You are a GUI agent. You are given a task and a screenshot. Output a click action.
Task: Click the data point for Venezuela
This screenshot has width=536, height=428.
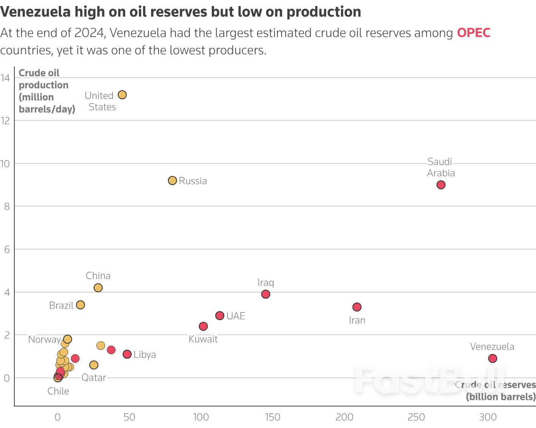click(x=492, y=358)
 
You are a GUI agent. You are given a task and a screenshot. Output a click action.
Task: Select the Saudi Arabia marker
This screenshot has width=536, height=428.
click(x=441, y=185)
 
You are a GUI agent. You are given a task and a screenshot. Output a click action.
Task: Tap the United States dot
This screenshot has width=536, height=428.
click(x=122, y=95)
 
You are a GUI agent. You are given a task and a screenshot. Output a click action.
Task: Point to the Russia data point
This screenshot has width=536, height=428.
click(x=172, y=180)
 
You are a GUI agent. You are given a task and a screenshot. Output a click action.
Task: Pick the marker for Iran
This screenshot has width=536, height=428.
click(x=357, y=307)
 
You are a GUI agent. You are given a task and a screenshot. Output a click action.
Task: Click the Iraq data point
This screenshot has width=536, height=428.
click(x=265, y=294)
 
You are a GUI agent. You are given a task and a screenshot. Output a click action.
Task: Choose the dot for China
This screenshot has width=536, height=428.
click(x=98, y=288)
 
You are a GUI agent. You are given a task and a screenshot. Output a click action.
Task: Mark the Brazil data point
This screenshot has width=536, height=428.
click(x=80, y=305)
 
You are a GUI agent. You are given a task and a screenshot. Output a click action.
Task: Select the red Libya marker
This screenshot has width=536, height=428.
click(x=127, y=354)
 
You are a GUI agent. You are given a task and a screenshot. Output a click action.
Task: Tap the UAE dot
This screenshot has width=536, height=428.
click(x=220, y=315)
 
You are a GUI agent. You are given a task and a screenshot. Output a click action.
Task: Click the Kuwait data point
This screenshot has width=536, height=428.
click(x=203, y=326)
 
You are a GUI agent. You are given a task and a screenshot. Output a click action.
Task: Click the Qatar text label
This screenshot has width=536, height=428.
click(x=94, y=377)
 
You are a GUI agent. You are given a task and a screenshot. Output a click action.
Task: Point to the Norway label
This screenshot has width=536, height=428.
click(x=44, y=339)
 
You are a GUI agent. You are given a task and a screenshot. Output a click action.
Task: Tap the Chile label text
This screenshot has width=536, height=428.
click(x=58, y=391)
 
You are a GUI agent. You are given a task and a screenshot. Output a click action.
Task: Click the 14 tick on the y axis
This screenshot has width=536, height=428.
click(x=5, y=78)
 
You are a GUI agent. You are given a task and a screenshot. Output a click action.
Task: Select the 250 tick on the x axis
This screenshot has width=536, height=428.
click(x=416, y=417)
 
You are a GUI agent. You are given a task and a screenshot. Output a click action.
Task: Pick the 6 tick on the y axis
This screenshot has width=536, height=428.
click(x=7, y=249)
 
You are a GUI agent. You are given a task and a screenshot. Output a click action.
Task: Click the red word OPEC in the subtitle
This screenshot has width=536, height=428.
click(x=473, y=33)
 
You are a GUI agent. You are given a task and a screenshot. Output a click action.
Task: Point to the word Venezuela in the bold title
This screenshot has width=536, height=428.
click(x=35, y=12)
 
